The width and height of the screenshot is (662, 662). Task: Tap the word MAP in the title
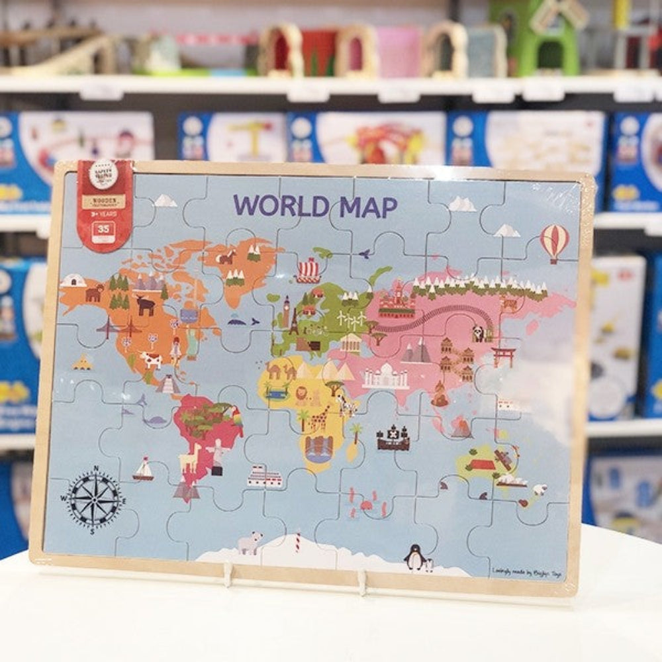point(368,207)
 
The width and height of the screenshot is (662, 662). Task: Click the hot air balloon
point(554,241)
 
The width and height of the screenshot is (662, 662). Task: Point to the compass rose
point(95,497)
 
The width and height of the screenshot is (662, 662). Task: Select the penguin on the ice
point(415,557)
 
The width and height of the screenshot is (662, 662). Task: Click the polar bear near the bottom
point(250,543)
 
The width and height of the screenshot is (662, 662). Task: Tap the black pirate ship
point(393,438)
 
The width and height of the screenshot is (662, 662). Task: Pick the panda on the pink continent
point(478,334)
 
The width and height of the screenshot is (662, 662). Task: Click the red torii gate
point(504,356)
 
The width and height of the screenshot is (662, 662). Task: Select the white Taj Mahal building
point(385,377)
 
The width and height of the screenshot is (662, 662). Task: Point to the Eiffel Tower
point(293,320)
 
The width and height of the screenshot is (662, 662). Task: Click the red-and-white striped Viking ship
point(308,270)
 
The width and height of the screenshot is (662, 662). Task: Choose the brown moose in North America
point(145,305)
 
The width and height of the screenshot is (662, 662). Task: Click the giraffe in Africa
point(320,418)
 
